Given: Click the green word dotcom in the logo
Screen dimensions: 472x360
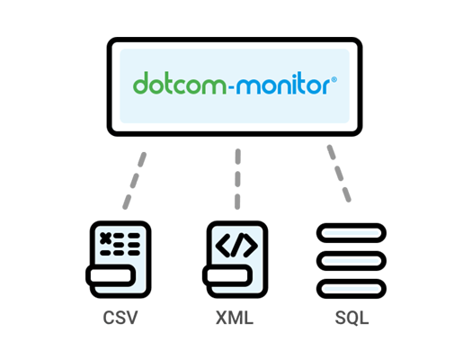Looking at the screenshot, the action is coord(180,83).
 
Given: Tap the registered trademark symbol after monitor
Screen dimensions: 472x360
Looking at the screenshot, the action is coord(334,79).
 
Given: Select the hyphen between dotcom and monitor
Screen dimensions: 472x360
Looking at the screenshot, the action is coord(231,87).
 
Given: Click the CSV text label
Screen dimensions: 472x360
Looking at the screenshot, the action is coord(120,318).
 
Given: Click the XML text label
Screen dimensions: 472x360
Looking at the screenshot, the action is coord(235,318).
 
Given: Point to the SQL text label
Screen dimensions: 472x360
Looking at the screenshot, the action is coord(352,318).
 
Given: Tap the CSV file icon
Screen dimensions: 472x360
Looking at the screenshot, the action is coord(119,259).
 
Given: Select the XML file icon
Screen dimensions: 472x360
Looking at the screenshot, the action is coord(235,259).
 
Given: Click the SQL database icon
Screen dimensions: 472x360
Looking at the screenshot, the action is coord(352,261).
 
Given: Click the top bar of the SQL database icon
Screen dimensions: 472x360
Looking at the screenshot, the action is coord(352,233).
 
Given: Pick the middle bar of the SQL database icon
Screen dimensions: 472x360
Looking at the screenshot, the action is coord(352,261).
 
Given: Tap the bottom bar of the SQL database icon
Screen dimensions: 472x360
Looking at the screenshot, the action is coord(352,289).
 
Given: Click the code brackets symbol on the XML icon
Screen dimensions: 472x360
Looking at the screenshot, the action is coord(237,245).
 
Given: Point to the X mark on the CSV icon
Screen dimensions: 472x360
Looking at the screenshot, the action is coord(105,238).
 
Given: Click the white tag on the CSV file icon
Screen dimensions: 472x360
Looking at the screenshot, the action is coord(111,275).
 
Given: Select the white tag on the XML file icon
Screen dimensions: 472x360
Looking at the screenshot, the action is coord(227,275).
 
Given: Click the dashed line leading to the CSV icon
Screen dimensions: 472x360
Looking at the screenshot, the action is coord(134,181).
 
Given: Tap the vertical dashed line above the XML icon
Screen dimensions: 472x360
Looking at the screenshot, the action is coord(238,179).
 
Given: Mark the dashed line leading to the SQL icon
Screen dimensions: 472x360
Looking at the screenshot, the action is coord(339,174).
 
